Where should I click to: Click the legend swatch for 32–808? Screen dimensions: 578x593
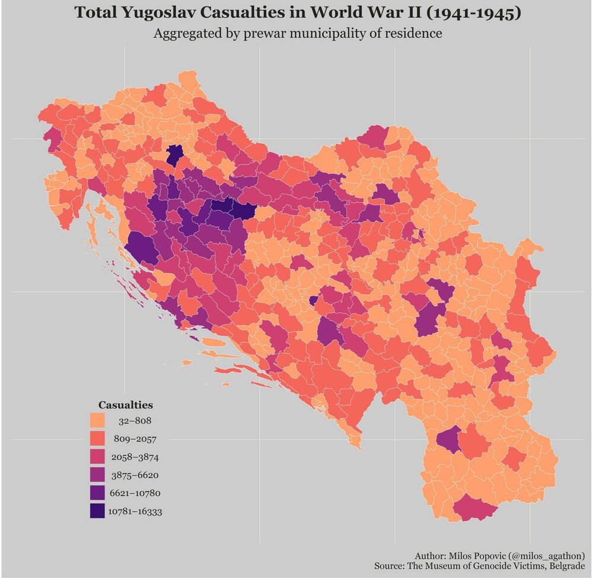(x=97, y=421)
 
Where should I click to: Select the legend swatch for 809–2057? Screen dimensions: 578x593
(x=97, y=439)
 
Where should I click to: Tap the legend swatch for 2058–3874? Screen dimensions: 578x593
(x=97, y=457)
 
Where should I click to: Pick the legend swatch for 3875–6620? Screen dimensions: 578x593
(x=97, y=475)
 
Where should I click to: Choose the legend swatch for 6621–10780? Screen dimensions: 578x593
(x=97, y=493)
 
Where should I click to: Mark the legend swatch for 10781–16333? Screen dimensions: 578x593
(x=97, y=511)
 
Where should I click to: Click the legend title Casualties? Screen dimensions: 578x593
(x=126, y=405)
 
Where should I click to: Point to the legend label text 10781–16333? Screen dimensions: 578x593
(x=135, y=512)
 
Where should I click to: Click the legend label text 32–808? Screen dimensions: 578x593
(x=135, y=421)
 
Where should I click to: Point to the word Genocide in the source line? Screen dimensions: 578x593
(x=498, y=567)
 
